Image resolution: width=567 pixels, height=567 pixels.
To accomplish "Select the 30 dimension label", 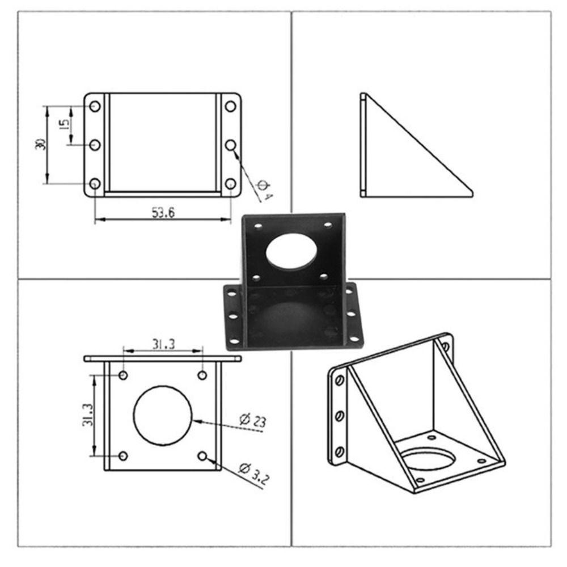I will tap(40, 145).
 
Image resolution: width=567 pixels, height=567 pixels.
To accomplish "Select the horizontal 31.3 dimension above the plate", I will tap(163, 344).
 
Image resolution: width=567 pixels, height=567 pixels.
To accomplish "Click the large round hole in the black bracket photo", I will tap(290, 251).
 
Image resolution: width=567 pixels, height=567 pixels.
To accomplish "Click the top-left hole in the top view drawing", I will tap(95, 106).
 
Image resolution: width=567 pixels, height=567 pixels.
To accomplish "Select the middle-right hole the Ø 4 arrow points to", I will tap(230, 145).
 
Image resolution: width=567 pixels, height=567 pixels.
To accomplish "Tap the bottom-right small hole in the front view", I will tap(202, 456).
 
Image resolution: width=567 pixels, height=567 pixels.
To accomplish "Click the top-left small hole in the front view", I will tap(124, 375).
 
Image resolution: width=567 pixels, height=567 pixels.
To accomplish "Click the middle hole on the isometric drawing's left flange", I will tap(339, 416).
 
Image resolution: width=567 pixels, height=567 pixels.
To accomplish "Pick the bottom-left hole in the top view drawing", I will tap(95, 184).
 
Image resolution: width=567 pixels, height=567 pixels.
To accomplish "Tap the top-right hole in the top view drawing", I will tap(230, 106).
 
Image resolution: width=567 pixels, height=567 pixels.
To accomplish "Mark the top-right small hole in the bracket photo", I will tap(328, 226).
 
